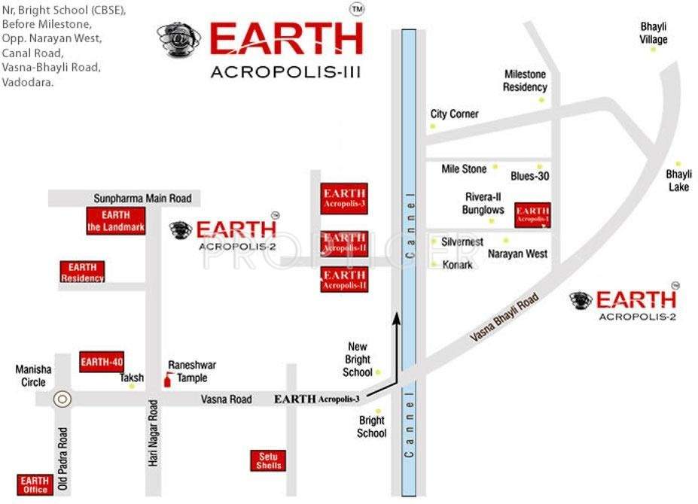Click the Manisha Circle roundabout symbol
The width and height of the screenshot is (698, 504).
point(62,399)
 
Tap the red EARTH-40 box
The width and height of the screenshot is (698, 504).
point(101,362)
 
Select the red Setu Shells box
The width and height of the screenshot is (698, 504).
point(268,460)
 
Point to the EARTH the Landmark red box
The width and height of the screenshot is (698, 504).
point(115,221)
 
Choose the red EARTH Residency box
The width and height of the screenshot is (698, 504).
point(82,272)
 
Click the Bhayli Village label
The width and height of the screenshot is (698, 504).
point(654,33)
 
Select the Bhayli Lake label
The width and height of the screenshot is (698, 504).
point(678,181)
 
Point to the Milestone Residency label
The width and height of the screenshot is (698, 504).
point(526,80)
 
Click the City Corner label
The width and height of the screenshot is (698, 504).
point(454,114)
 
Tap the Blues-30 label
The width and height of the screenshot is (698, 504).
point(530,176)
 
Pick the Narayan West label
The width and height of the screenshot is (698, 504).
point(517,254)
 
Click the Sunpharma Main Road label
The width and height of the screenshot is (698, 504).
point(142,199)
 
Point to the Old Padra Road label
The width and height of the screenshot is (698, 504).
point(63,452)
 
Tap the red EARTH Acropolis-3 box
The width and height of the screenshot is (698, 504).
point(343,198)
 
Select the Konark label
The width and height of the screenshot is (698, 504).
point(457,265)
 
